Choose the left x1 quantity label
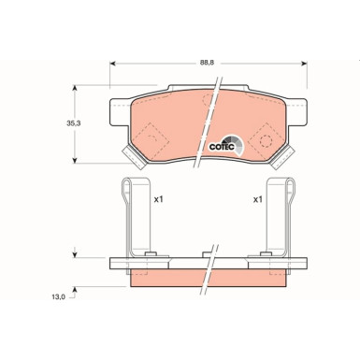coord(158,200)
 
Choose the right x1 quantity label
coord(258,200)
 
